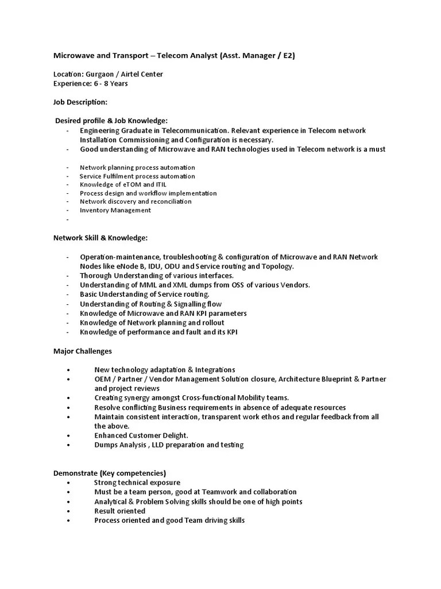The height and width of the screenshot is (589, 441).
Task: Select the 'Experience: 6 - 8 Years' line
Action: coord(90,83)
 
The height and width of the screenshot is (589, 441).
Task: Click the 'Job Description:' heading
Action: coord(80,102)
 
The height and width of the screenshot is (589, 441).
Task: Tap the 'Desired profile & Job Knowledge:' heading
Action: coord(111,120)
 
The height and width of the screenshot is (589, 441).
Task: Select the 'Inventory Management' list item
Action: coord(115,210)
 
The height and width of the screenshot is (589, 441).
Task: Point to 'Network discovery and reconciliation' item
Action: coord(136,201)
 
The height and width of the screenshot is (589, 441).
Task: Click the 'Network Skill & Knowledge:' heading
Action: coord(100,238)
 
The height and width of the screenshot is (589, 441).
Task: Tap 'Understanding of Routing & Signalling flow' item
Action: coord(150,304)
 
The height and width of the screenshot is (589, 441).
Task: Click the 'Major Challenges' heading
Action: coord(83,351)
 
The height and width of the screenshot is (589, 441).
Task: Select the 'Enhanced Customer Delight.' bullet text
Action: coord(141,435)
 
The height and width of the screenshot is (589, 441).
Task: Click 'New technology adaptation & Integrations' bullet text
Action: coord(165,369)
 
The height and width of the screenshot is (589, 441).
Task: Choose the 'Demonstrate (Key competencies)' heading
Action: coord(110,473)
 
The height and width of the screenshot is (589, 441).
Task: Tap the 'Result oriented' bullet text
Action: coord(120,511)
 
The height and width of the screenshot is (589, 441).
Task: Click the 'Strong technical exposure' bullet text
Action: coord(137,483)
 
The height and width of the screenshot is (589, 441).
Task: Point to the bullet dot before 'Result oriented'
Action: coord(68,511)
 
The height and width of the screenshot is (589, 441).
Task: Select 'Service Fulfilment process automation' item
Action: coord(137,176)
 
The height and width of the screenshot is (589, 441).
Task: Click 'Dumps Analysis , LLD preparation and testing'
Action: coord(169,445)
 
